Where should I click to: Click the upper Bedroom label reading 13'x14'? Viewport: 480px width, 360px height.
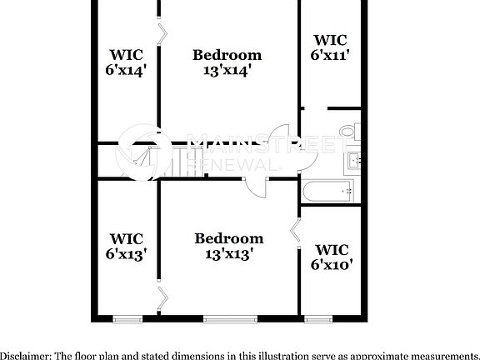227,63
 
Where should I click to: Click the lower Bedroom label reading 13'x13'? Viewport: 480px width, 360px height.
228,247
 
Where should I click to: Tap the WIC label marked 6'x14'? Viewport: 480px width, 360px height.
126,63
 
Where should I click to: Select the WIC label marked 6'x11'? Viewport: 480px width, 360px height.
330,47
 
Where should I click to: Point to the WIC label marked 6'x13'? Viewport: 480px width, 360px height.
126,247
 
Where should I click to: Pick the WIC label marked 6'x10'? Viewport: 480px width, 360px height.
331,257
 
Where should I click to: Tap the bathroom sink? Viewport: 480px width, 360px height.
352,159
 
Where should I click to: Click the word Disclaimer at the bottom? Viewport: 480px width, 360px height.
24,355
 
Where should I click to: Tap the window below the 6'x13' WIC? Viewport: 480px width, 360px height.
127,319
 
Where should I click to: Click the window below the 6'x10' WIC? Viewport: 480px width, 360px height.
315,319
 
